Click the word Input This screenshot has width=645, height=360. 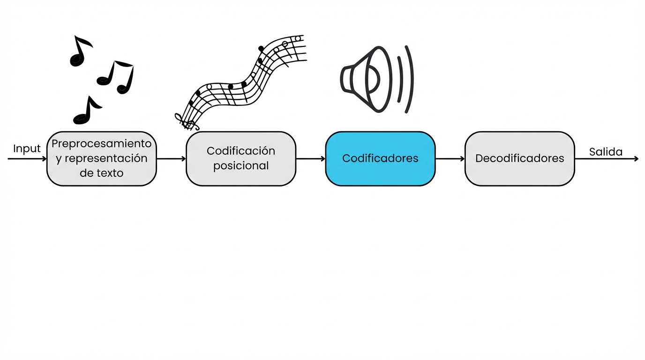pyautogui.click(x=27, y=149)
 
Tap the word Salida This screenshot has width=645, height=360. pyautogui.click(x=606, y=151)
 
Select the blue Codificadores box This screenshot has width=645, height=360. pyautogui.click(x=380, y=158)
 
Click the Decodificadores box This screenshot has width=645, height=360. pyautogui.click(x=519, y=158)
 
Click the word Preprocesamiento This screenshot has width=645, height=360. pyautogui.click(x=101, y=143)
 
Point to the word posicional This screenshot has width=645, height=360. pyautogui.click(x=241, y=165)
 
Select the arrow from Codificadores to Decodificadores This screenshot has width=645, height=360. pyautogui.click(x=450, y=159)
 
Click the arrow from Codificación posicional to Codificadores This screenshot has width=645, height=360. pyautogui.click(x=311, y=159)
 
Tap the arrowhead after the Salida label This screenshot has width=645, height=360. pyautogui.click(x=636, y=159)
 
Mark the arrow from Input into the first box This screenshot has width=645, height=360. pyautogui.click(x=27, y=159)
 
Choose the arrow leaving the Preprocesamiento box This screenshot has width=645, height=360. pyautogui.click(x=172, y=159)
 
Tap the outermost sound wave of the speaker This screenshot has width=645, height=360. pyautogui.click(x=409, y=79)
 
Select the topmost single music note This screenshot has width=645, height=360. pyautogui.click(x=80, y=51)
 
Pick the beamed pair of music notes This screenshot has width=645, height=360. pyautogui.click(x=116, y=77)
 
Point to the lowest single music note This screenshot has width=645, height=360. pyautogui.click(x=86, y=111)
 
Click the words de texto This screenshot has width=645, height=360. pyautogui.click(x=101, y=173)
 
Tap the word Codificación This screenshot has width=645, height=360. pyautogui.click(x=241, y=151)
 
